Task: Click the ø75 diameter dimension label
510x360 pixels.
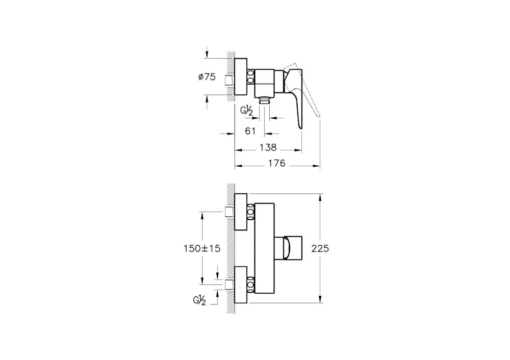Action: pyautogui.click(x=207, y=77)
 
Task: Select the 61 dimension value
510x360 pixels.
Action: pyautogui.click(x=250, y=131)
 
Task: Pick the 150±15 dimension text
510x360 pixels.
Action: pyautogui.click(x=201, y=248)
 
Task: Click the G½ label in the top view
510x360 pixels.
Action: pyautogui.click(x=248, y=111)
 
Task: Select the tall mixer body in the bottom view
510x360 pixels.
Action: pyautogui.click(x=265, y=248)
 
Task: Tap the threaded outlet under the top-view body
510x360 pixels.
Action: pyautogui.click(x=264, y=99)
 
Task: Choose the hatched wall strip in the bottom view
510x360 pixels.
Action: pyautogui.click(x=231, y=248)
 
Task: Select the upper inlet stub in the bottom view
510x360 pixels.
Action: pyautogui.click(x=229, y=212)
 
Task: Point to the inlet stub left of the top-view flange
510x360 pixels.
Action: pyautogui.click(x=229, y=81)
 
